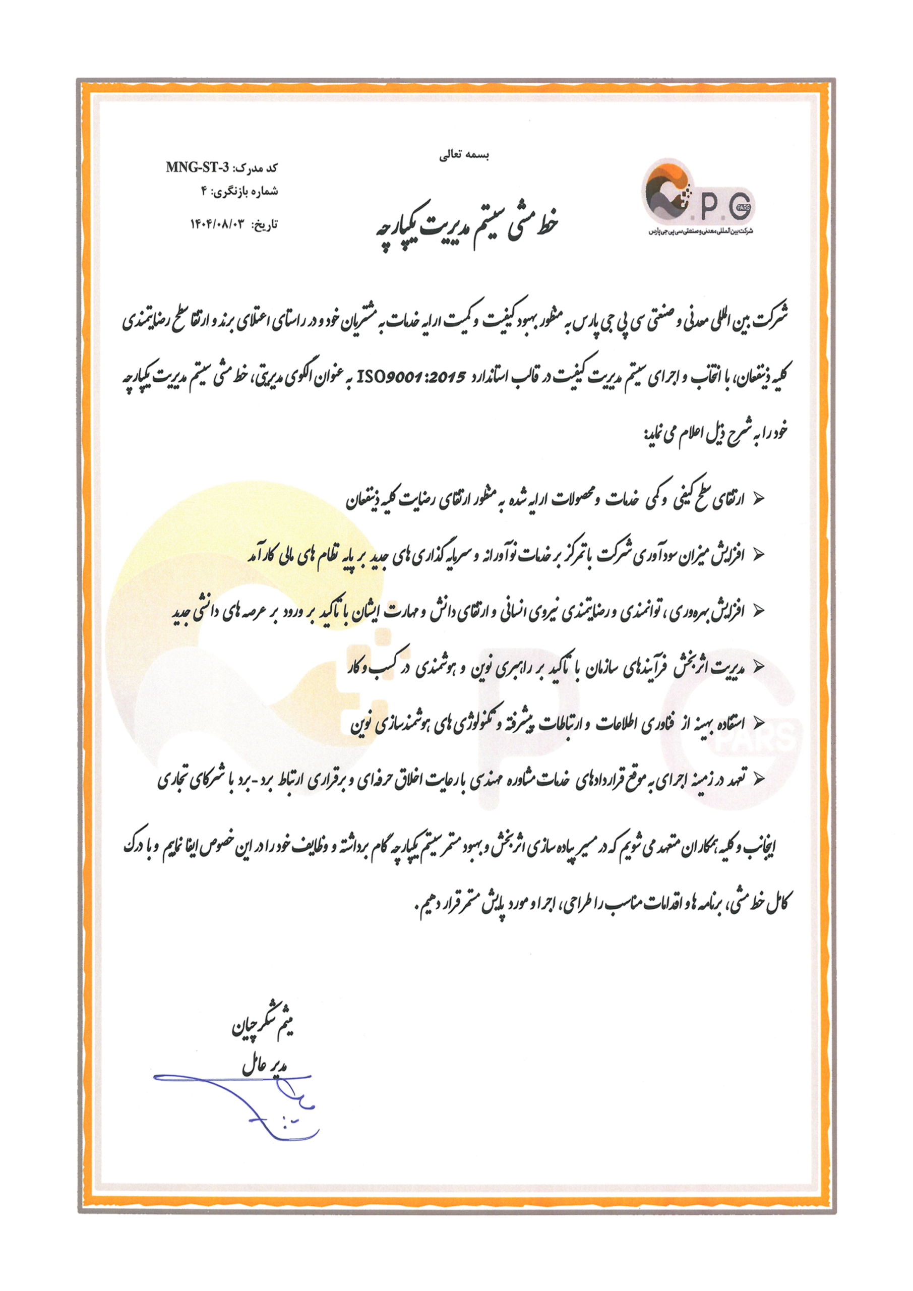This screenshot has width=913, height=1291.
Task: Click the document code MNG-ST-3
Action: [x=198, y=167]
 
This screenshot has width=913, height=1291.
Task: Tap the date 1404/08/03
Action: [x=219, y=224]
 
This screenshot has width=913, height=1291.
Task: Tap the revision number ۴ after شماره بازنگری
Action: [x=205, y=191]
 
